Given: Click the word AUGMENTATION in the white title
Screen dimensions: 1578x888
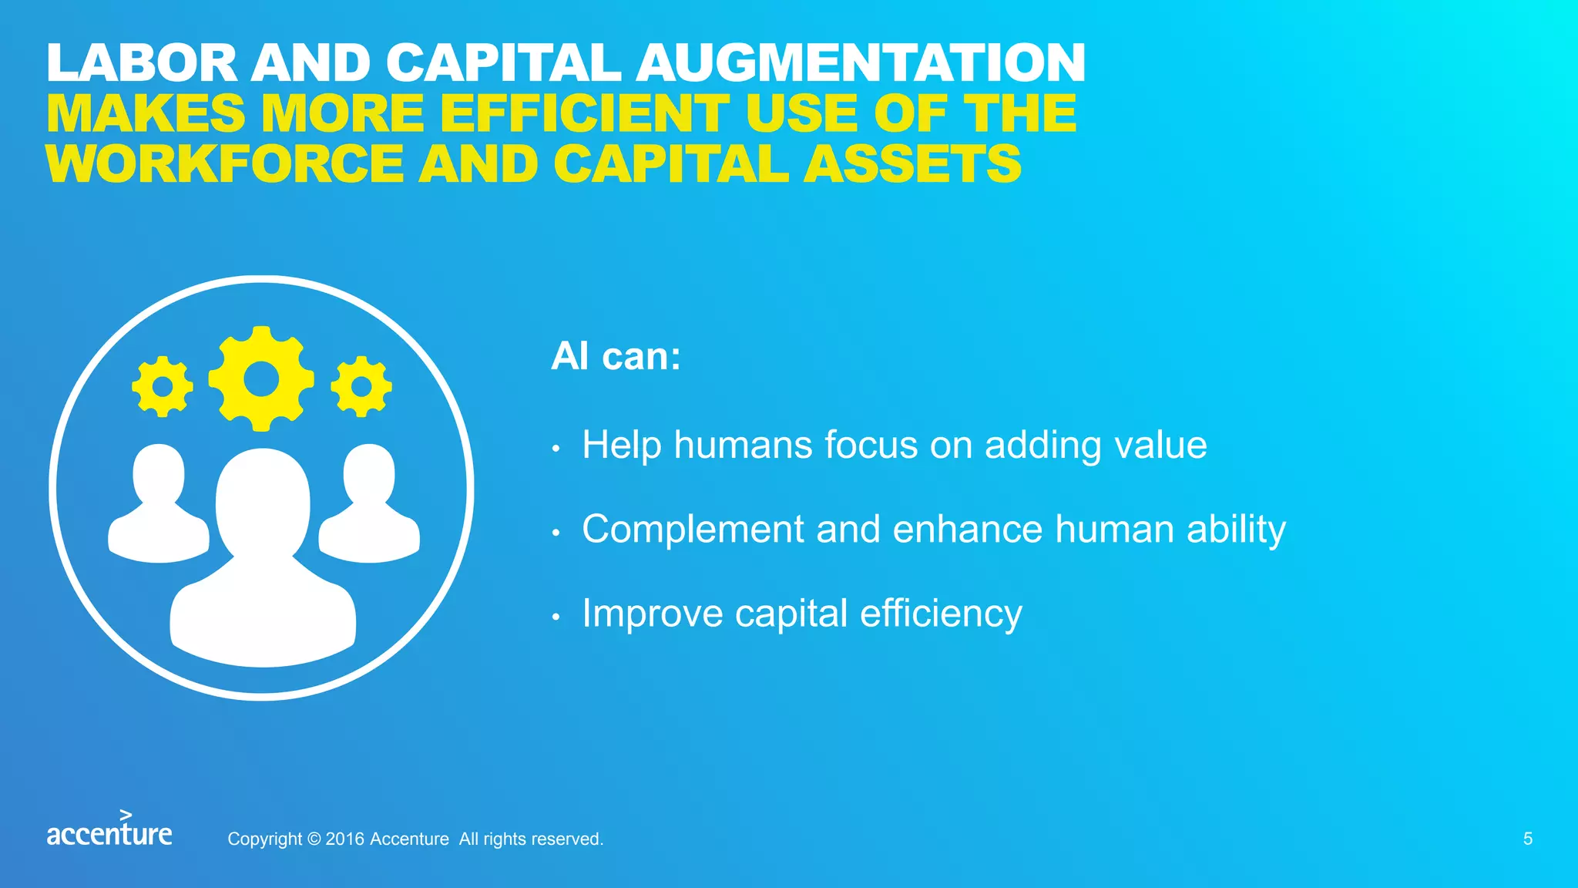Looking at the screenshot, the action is pos(861,62).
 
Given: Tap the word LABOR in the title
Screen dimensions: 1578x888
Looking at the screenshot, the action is pos(143,62).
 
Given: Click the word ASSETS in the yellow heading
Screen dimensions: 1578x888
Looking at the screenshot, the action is pos(912,164).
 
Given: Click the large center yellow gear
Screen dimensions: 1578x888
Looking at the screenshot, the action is pos(261,378).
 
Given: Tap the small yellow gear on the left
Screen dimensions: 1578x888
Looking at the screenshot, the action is pos(163,386).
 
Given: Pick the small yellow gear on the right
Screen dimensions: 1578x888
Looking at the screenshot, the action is pos(361,386).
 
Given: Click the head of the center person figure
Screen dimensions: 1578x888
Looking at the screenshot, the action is pos(263,501).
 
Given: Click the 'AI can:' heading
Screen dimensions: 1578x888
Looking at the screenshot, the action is pos(616,357).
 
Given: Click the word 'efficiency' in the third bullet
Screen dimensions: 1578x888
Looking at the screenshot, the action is pos(941,614).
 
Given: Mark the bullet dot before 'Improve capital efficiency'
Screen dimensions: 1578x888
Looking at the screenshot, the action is pos(556,617).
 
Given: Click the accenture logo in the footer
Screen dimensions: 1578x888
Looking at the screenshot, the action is pos(109,829).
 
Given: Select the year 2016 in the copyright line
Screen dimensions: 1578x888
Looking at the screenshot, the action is pos(344,839).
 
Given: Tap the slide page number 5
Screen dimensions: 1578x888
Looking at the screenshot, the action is pos(1528,839).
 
